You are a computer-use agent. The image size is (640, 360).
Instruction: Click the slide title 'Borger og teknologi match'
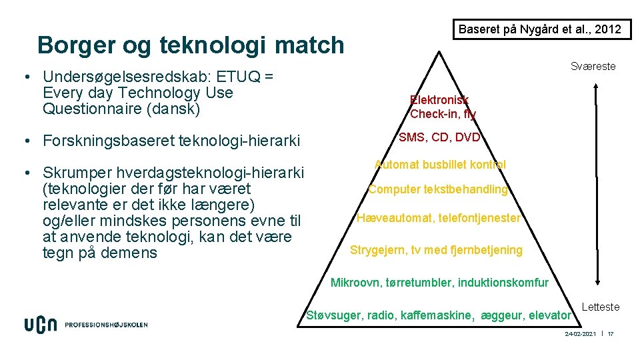[191, 45]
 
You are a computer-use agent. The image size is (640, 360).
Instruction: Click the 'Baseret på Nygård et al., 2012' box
[541, 29]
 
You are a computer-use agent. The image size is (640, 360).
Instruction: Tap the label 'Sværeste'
[593, 67]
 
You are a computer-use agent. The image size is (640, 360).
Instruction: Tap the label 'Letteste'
[601, 307]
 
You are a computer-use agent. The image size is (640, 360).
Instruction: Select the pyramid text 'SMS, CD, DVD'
[439, 138]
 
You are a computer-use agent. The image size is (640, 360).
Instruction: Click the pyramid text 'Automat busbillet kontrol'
[440, 165]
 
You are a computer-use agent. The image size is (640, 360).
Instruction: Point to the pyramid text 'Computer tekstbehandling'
[438, 189]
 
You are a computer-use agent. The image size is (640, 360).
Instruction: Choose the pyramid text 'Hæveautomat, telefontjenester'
[438, 218]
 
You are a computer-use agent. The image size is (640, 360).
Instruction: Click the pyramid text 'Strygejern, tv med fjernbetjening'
[436, 251]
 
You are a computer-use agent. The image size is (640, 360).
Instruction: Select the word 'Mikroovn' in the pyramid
[357, 283]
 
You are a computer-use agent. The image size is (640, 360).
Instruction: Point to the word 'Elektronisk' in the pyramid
[439, 101]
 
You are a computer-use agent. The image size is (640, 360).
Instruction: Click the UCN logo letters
[41, 325]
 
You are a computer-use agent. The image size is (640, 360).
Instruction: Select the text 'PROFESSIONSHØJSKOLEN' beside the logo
[106, 325]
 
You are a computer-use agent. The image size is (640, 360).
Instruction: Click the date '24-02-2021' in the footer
[580, 333]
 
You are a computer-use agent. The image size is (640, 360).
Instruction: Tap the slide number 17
[610, 333]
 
